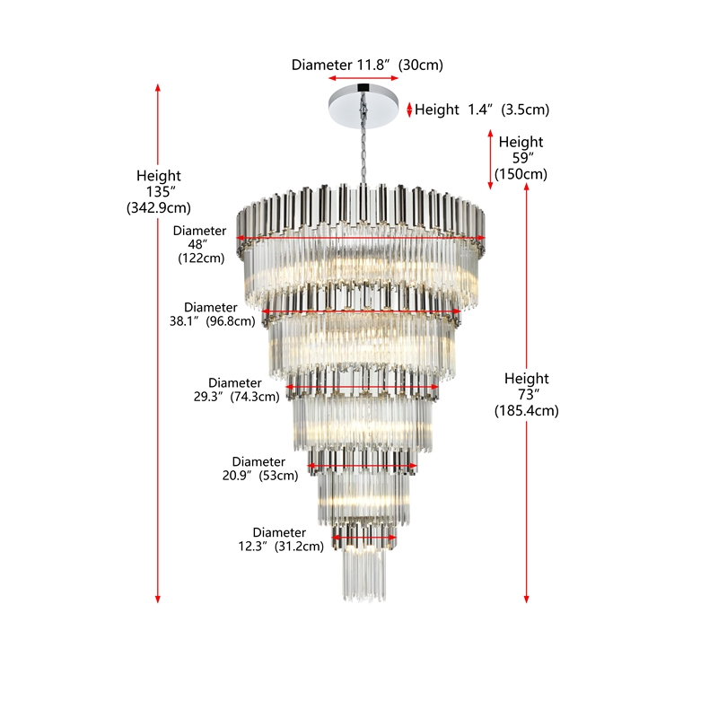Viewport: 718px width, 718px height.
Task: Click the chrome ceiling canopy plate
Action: click(x=363, y=106)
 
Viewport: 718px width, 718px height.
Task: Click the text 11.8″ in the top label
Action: click(x=372, y=65)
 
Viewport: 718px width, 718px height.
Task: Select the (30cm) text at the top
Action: click(x=420, y=65)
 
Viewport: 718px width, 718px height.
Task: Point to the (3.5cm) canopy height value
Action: click(x=525, y=109)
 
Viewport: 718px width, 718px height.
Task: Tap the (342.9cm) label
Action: click(x=159, y=208)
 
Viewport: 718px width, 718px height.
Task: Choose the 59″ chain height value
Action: click(x=523, y=158)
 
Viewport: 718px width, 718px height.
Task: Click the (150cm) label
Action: click(x=521, y=174)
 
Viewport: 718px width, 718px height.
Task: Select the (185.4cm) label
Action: click(x=527, y=411)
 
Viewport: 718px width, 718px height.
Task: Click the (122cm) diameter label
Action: click(x=201, y=258)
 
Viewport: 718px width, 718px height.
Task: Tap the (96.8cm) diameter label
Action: click(x=231, y=321)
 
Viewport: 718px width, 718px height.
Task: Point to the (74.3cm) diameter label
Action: click(x=255, y=397)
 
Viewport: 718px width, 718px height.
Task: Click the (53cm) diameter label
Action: click(x=278, y=476)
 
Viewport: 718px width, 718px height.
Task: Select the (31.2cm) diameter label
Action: click(x=299, y=547)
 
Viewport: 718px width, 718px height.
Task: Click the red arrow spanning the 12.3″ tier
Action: click(x=363, y=538)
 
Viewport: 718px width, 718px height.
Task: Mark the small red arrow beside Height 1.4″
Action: click(x=410, y=109)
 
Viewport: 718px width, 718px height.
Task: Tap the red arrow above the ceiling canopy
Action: click(x=363, y=78)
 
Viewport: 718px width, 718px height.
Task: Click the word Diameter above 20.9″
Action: click(x=258, y=461)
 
